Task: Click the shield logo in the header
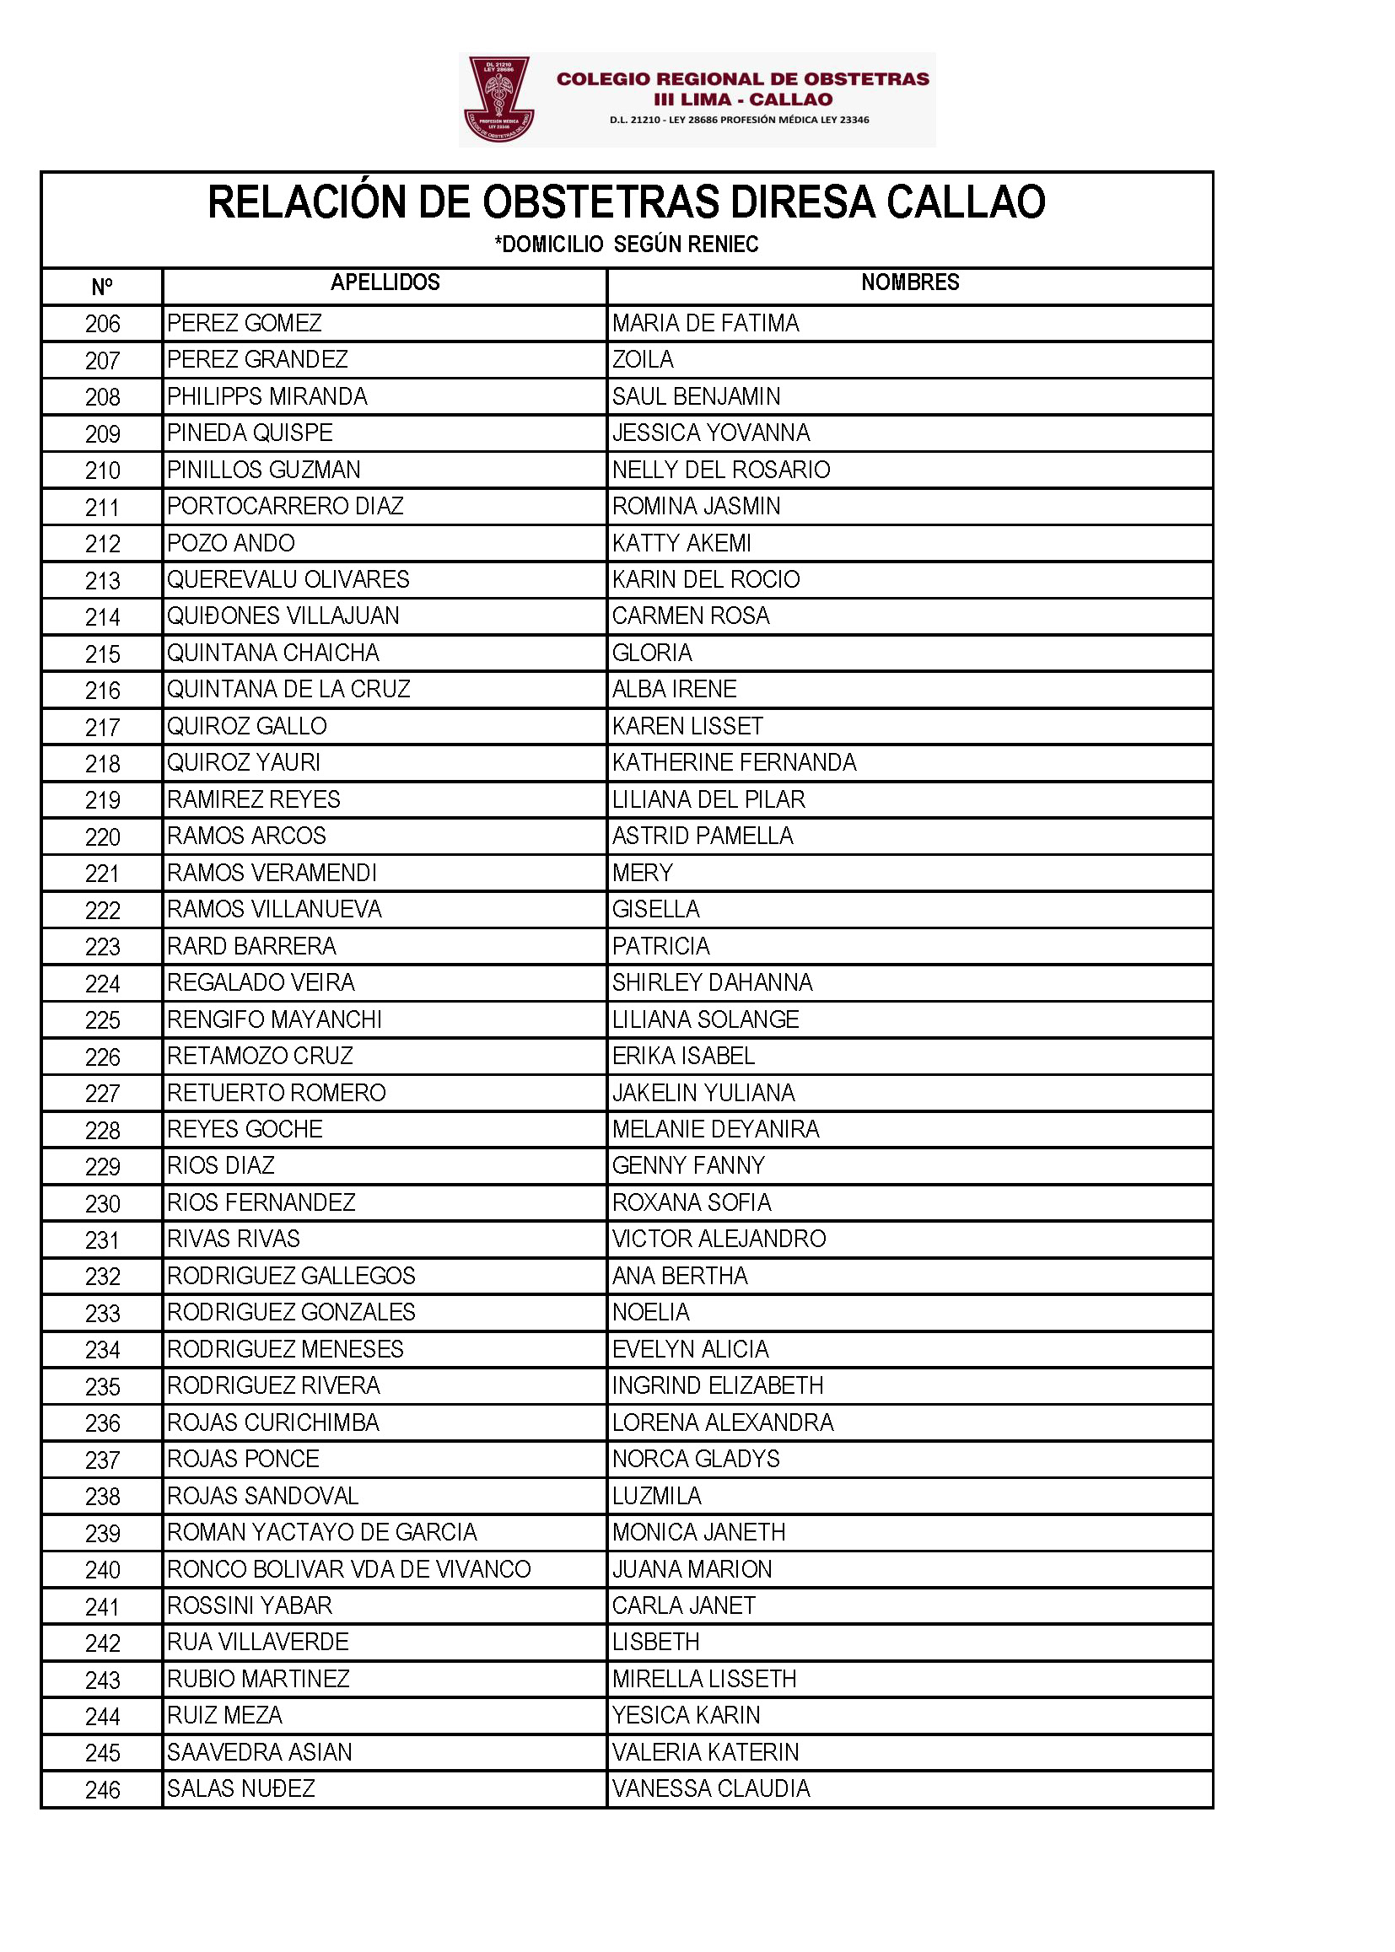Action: (x=498, y=99)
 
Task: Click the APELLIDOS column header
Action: (x=385, y=282)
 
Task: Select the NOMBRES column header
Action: (x=910, y=282)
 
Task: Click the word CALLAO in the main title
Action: (x=966, y=202)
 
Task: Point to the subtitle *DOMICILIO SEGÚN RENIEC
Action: (x=626, y=245)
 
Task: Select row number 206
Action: (x=102, y=325)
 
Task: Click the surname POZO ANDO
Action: (x=230, y=544)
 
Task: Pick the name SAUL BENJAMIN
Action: (x=696, y=397)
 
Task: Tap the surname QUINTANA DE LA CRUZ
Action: (x=288, y=690)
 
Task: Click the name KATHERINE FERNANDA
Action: (x=734, y=762)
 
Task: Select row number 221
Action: (x=102, y=874)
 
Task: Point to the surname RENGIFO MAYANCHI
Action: (x=274, y=1019)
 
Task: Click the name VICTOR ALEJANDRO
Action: (x=718, y=1239)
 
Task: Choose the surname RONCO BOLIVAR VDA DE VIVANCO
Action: (x=349, y=1569)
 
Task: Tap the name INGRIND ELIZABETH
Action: (x=717, y=1385)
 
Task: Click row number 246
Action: (x=102, y=1791)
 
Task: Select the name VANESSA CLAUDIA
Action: (x=710, y=1788)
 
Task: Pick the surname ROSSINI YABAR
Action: (x=249, y=1605)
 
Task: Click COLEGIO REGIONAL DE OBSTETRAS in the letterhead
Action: (x=742, y=79)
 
